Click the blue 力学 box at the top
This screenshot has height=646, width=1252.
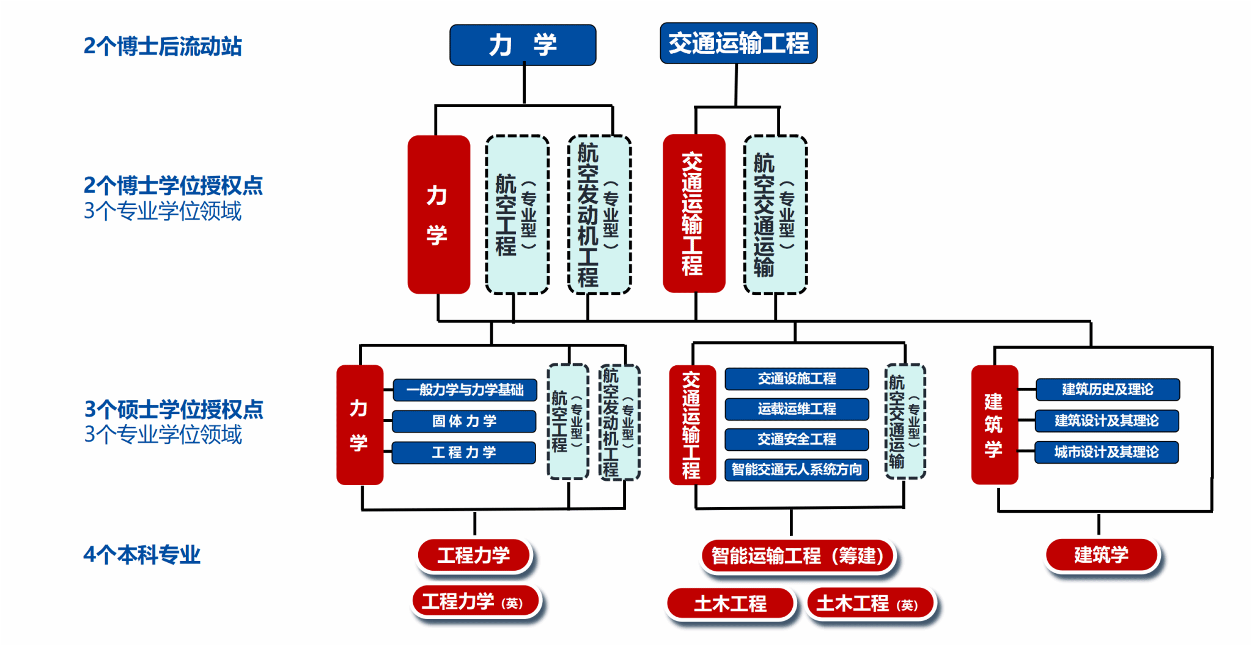point(523,45)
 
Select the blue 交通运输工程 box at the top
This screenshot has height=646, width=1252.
point(738,43)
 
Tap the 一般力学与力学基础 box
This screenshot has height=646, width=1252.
point(465,390)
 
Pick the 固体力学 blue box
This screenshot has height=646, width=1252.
point(464,421)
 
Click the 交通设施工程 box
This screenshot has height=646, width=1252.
point(797,379)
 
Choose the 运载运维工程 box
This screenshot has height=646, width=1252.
point(797,409)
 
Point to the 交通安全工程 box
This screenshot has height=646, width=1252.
point(797,439)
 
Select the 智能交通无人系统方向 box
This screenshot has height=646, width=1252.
point(797,469)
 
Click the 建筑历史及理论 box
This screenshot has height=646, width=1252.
point(1107,389)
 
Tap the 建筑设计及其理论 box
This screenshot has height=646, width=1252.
point(1107,420)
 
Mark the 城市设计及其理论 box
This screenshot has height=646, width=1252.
point(1107,452)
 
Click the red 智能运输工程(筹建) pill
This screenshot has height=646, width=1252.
point(798,555)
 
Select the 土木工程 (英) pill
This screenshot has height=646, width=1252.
point(871,604)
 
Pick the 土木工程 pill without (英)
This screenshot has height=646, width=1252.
point(731,604)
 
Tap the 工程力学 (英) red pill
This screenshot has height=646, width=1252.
point(476,601)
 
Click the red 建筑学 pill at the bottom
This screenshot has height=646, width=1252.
point(1102,555)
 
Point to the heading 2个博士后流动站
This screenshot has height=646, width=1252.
point(163,46)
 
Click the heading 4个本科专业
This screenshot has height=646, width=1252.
point(142,555)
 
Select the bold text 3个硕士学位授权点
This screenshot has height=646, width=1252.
point(174,409)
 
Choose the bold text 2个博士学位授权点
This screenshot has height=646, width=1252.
point(173,185)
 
